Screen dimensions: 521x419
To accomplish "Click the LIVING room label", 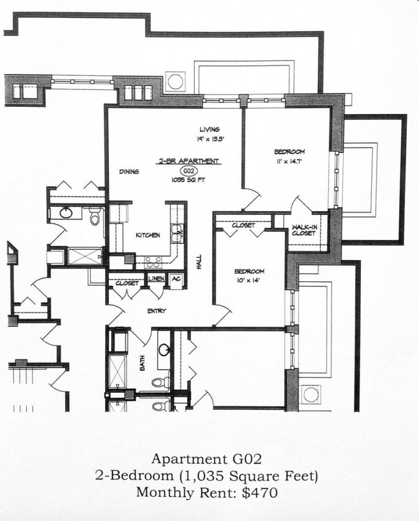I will [x=209, y=129].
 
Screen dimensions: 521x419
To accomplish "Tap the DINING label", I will [x=129, y=172].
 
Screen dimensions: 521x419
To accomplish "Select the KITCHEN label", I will [x=148, y=236].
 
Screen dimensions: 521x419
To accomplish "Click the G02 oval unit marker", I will [x=189, y=171].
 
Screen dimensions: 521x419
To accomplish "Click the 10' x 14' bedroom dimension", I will [x=249, y=281].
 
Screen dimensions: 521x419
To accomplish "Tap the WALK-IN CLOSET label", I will [x=304, y=230].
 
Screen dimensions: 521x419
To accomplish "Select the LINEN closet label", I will [x=157, y=278].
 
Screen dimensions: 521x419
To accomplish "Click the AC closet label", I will [x=175, y=278].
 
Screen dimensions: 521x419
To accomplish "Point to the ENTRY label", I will [x=157, y=311].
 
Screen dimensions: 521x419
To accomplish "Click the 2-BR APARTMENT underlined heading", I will [x=189, y=161].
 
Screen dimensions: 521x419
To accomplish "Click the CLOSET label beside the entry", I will [x=127, y=283].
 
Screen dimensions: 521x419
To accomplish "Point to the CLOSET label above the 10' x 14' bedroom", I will [x=243, y=225].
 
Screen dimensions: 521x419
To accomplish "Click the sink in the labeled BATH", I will [x=164, y=351].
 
